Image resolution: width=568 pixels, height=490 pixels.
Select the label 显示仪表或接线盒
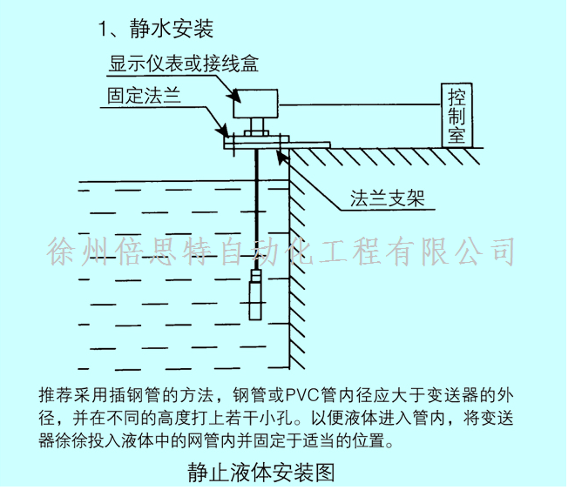183,64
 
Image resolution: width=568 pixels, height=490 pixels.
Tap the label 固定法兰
145,95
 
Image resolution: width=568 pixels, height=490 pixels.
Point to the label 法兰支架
387,196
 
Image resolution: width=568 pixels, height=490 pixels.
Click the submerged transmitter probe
257,295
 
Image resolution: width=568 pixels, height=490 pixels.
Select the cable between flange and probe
257,209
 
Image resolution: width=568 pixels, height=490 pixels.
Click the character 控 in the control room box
456,95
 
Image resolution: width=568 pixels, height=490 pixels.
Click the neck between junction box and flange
258,124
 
